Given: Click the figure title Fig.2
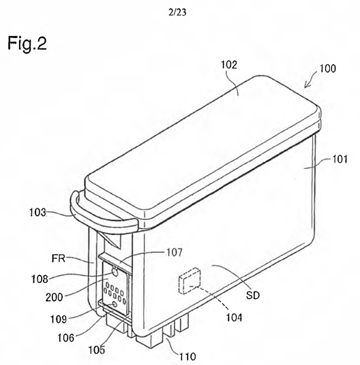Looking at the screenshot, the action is (27, 43).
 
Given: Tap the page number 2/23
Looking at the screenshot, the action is (177, 12).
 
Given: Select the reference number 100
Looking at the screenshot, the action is (327, 68).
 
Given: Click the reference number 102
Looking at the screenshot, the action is (229, 65).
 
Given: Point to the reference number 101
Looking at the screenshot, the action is (340, 159).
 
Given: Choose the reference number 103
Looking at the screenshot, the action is (37, 212).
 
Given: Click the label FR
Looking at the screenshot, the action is (58, 258).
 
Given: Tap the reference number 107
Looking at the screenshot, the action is (175, 253).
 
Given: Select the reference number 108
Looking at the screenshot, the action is (40, 279).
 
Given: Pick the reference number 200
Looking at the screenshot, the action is (54, 298).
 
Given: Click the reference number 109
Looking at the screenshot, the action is (59, 319).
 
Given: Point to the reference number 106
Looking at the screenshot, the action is (66, 338).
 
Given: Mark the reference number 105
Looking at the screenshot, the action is (97, 349).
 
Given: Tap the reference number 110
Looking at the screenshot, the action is (187, 356).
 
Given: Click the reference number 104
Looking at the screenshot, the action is (234, 317).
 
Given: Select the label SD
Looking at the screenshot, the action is (253, 296).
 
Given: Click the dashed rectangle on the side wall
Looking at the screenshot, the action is (190, 281).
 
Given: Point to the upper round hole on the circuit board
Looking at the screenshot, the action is (115, 272).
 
